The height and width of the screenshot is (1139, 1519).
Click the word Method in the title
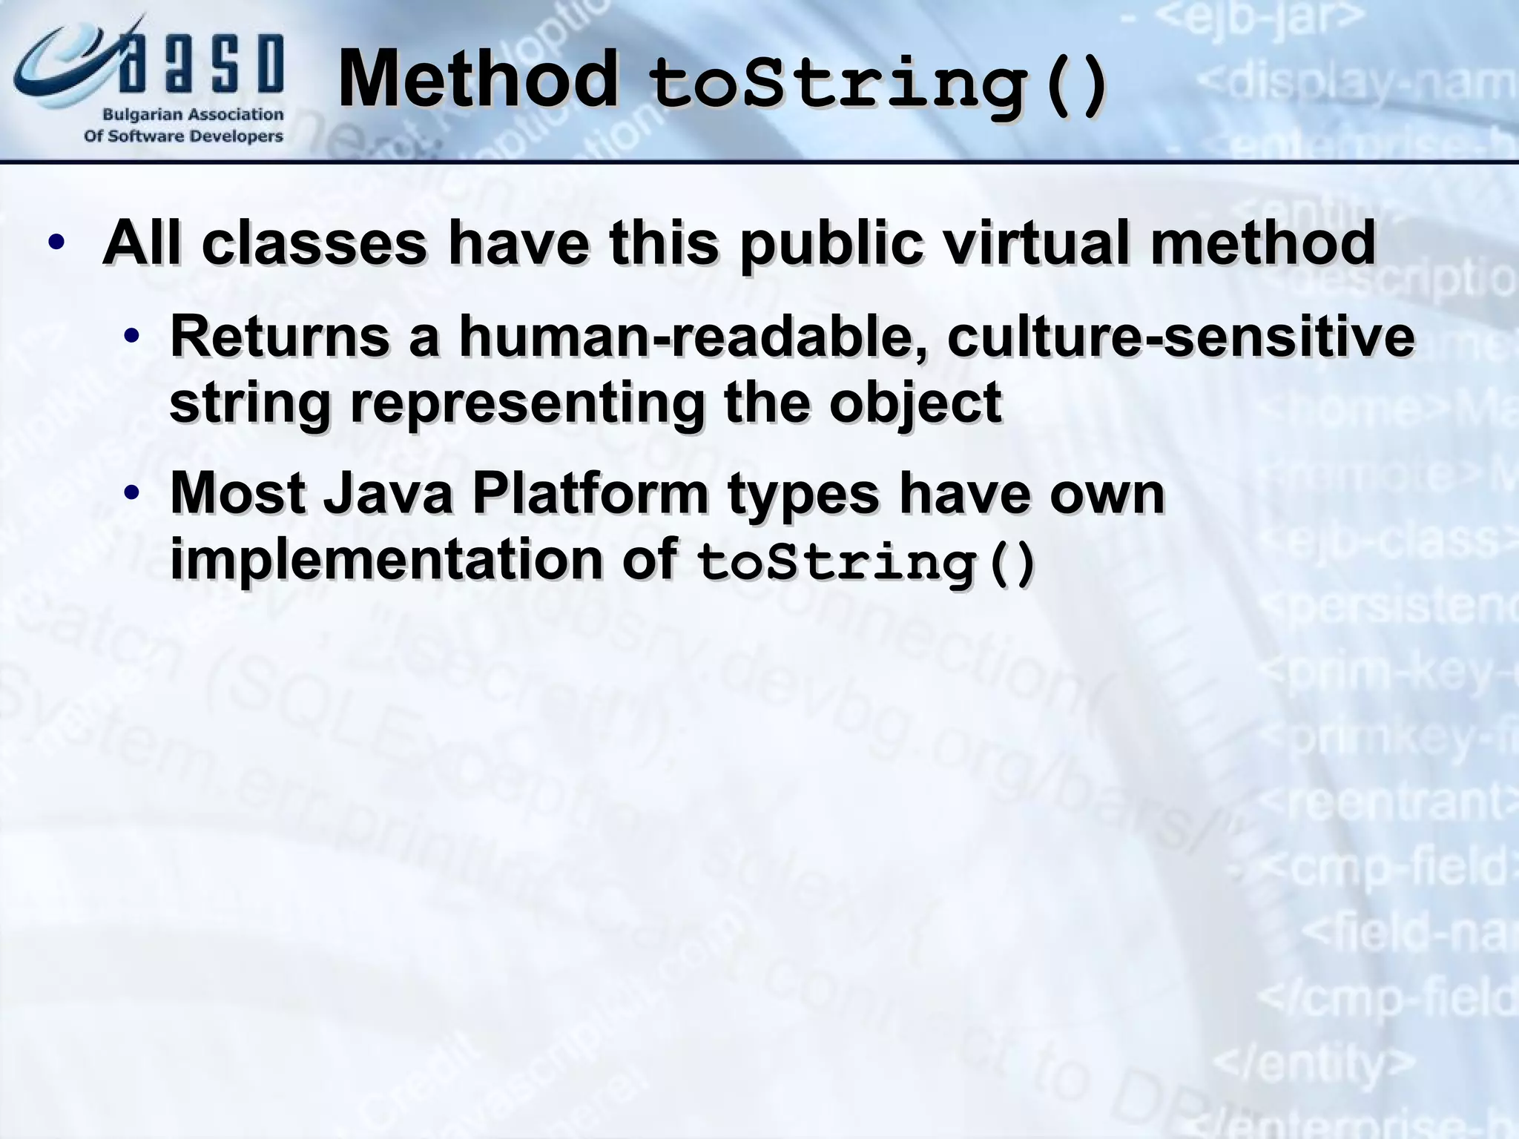(x=478, y=79)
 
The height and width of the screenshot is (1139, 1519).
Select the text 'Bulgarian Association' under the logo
(x=192, y=115)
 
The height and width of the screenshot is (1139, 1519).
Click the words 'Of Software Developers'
(x=183, y=136)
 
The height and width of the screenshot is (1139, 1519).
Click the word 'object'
(x=915, y=404)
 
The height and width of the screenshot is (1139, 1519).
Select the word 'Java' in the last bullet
(x=388, y=493)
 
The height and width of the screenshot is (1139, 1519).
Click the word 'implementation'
(x=386, y=558)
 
